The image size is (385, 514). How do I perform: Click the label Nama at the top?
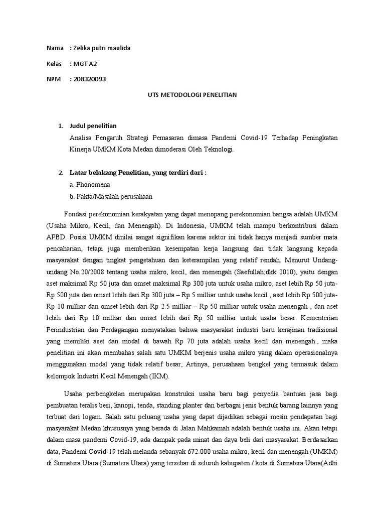click(55, 48)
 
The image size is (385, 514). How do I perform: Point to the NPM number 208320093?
click(90, 79)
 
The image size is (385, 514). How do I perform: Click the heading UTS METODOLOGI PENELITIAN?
click(192, 94)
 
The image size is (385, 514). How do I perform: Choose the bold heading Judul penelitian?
click(93, 125)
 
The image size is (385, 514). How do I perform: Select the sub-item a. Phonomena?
click(90, 184)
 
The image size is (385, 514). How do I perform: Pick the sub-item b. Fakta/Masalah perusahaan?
click(111, 196)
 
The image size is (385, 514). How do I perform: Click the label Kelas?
click(55, 64)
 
